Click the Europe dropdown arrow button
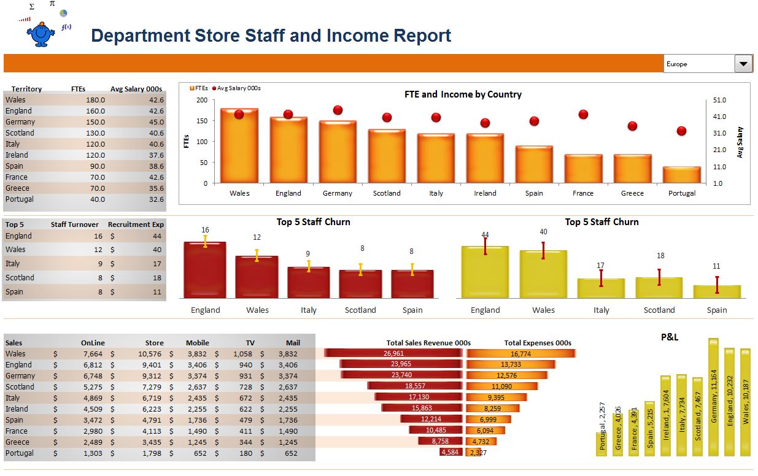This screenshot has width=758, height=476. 743,63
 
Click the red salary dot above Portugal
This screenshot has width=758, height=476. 681,131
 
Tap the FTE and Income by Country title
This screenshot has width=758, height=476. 463,94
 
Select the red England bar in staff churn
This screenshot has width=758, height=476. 205,270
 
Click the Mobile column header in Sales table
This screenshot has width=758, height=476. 197,343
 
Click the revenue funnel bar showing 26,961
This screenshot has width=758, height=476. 393,353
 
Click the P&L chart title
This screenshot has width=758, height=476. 670,337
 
